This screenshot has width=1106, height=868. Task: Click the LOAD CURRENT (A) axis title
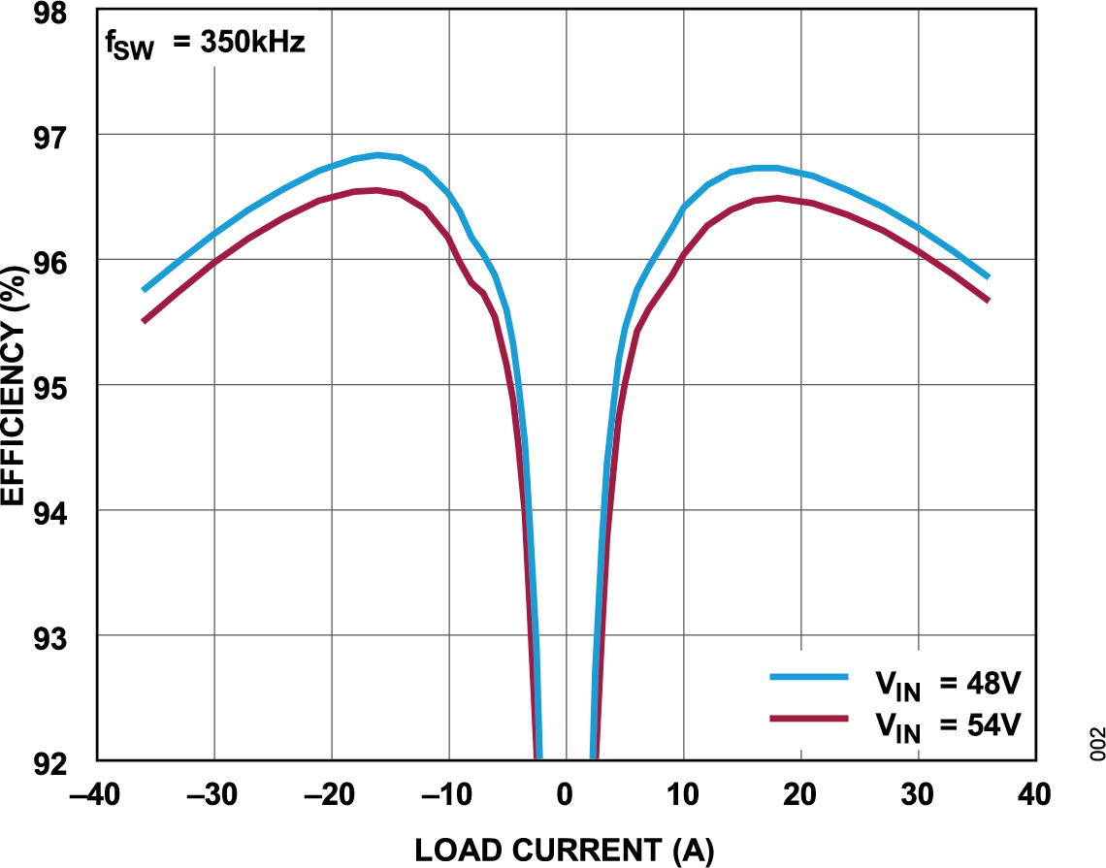point(565,851)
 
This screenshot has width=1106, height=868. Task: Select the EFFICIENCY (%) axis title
point(13,386)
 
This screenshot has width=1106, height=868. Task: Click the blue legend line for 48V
point(808,677)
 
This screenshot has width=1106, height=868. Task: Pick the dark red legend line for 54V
point(808,719)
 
